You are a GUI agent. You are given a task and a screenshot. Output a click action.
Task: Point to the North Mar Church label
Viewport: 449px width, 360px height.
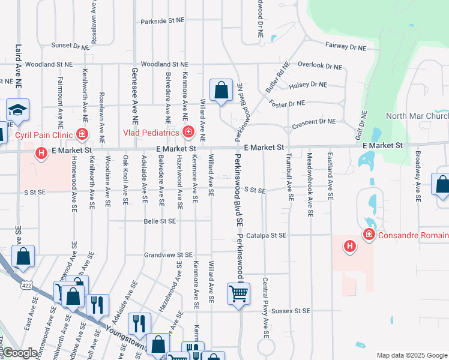(x=417, y=116)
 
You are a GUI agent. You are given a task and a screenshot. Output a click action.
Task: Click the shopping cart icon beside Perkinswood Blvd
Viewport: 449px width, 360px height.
(x=238, y=294)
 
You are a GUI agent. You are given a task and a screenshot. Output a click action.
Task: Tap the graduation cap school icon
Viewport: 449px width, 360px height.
(x=17, y=110)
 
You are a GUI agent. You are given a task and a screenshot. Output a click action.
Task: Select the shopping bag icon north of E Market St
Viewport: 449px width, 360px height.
(x=221, y=91)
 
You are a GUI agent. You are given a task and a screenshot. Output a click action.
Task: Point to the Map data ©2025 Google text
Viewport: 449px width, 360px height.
(x=411, y=355)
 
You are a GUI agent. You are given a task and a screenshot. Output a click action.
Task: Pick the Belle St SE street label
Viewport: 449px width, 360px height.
(x=160, y=221)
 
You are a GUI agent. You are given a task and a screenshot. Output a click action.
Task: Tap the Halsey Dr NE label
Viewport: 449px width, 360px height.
(x=307, y=85)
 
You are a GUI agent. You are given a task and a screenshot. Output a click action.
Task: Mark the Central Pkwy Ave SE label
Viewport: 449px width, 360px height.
(x=265, y=306)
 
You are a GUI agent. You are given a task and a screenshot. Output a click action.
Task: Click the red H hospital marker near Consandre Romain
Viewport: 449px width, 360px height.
(x=349, y=245)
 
